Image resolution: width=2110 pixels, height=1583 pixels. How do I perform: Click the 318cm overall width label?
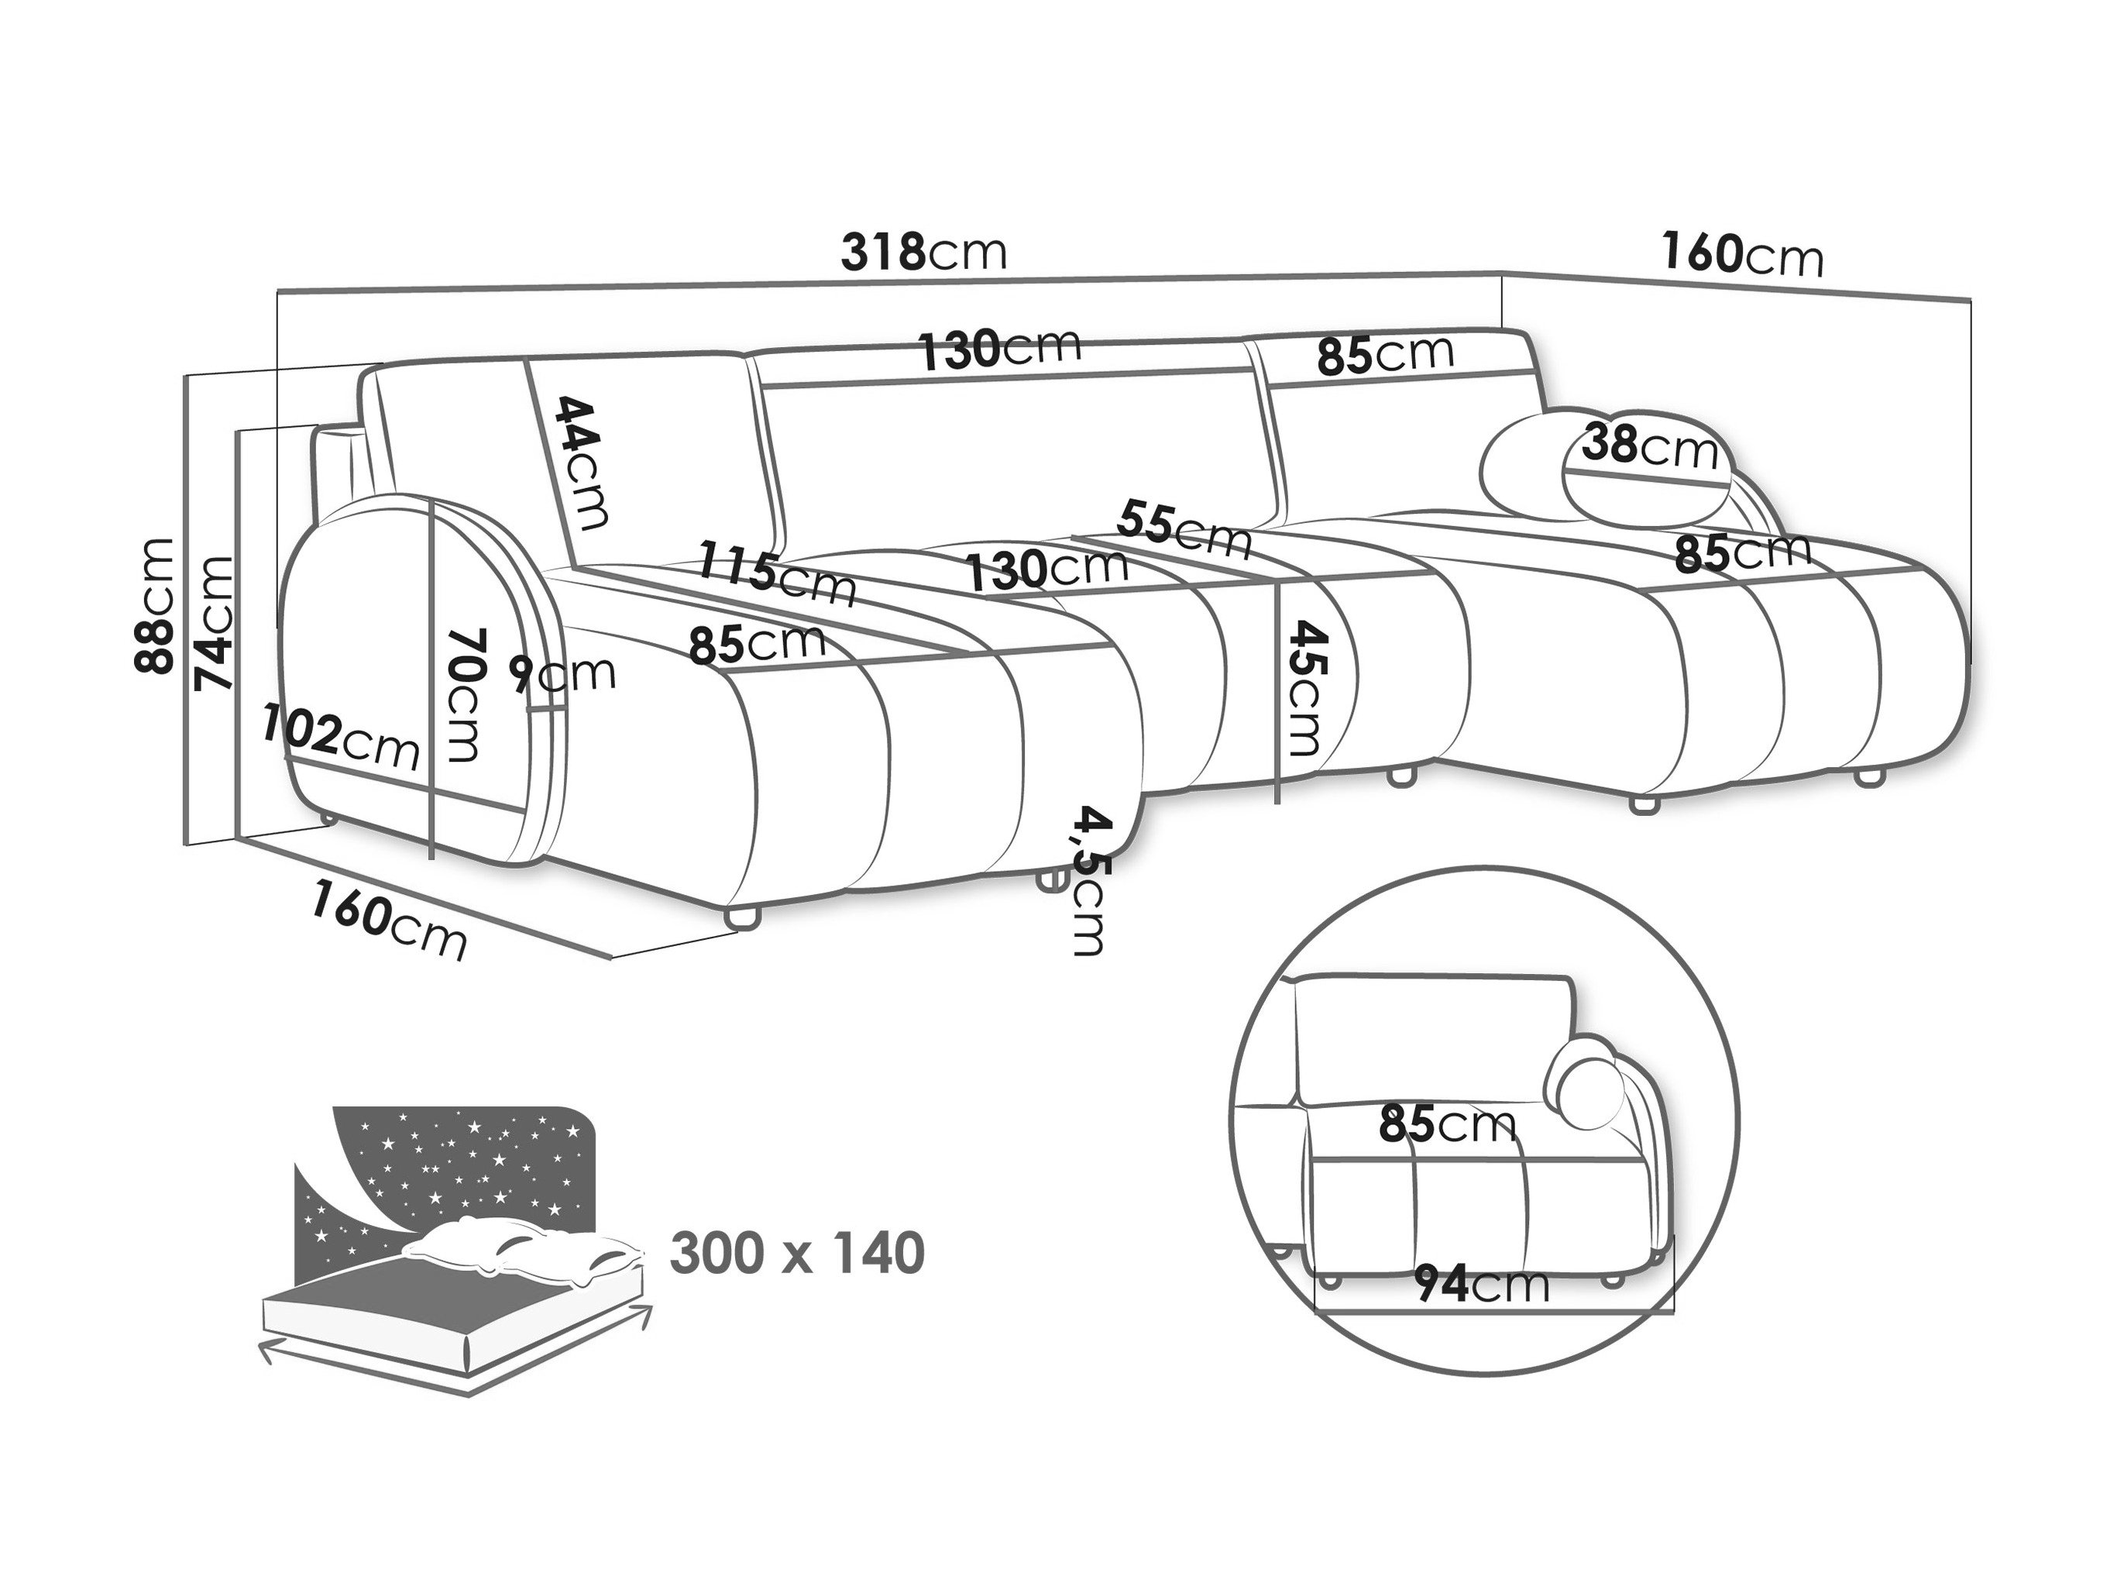[x=923, y=253]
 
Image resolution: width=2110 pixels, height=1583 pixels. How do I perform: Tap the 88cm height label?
[x=154, y=606]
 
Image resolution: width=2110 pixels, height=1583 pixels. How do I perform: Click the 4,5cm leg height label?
[x=1089, y=879]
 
